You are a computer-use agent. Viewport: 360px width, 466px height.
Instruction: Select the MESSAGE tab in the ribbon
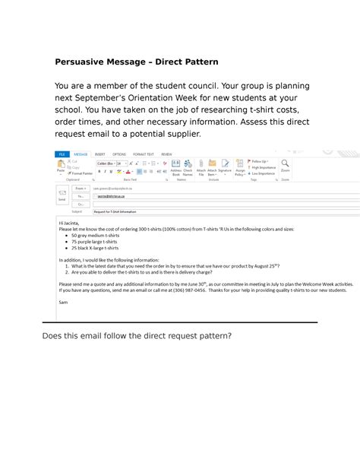(81, 154)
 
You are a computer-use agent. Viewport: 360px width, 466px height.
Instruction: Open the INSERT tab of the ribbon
(99, 154)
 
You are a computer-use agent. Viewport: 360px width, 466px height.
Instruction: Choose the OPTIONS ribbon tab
(119, 154)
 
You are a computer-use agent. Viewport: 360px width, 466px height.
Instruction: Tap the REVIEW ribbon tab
(166, 154)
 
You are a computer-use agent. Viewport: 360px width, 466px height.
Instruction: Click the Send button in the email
(62, 196)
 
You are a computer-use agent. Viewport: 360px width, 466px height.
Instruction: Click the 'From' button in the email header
(80, 188)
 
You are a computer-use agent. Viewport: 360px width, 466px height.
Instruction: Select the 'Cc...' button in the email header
(80, 204)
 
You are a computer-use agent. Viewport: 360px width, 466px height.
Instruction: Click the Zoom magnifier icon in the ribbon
(285, 164)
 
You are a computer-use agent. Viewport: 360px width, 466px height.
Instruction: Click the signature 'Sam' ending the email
(63, 301)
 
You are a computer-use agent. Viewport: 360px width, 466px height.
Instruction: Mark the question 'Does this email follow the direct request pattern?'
(137, 335)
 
